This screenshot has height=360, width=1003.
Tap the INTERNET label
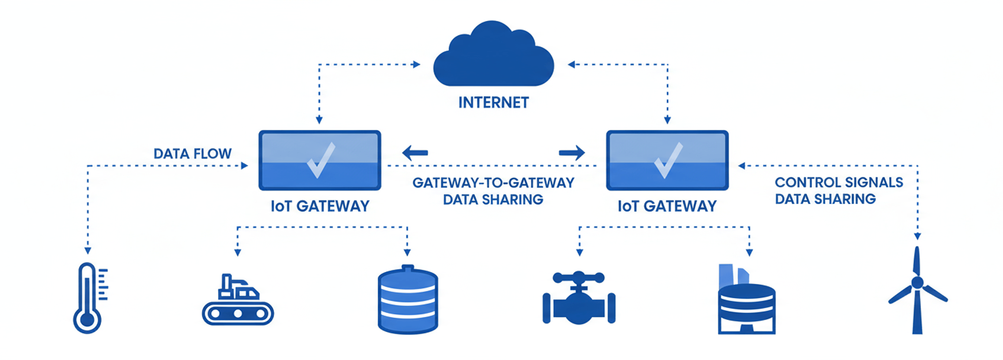[x=493, y=103]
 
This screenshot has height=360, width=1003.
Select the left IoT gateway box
[x=320, y=160]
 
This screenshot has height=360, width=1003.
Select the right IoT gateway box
[x=667, y=160]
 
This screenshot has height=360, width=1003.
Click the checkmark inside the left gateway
[x=321, y=160]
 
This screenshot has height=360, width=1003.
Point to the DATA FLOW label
[x=192, y=154]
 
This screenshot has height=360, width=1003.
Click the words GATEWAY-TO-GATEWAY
[x=493, y=183]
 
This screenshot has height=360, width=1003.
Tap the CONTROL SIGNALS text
[x=838, y=182]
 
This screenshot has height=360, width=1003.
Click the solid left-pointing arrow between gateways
[x=415, y=153]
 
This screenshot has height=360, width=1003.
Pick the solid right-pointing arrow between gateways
[x=572, y=153]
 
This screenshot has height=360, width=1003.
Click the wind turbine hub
[x=917, y=283]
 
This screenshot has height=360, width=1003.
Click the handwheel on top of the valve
[x=579, y=278]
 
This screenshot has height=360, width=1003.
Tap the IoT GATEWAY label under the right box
[x=667, y=206]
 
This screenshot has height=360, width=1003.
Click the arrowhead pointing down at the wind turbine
[x=917, y=236]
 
